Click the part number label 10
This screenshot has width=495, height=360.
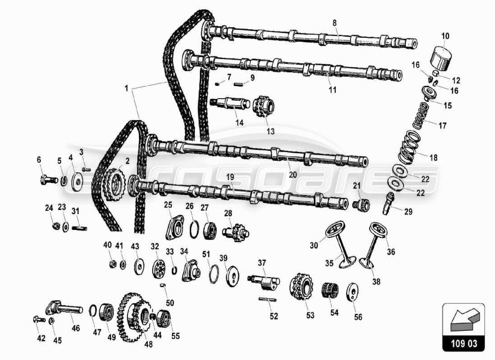pos(445,36)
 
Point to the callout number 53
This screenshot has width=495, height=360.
pos(310,316)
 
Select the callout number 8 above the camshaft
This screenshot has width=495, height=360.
pos(334,22)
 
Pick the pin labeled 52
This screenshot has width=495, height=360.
pos(267,299)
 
